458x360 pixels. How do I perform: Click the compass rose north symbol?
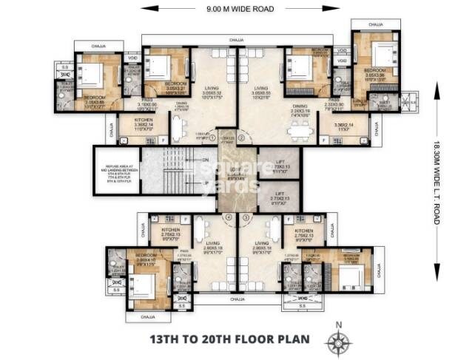pyautogui.click(x=340, y=341)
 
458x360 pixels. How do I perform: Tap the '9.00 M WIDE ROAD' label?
pyautogui.click(x=229, y=8)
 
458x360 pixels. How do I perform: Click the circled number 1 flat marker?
pyautogui.click(x=212, y=137)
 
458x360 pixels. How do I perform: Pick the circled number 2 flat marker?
pyautogui.click(x=250, y=137)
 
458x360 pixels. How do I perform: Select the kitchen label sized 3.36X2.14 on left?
pyautogui.click(x=144, y=126)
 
